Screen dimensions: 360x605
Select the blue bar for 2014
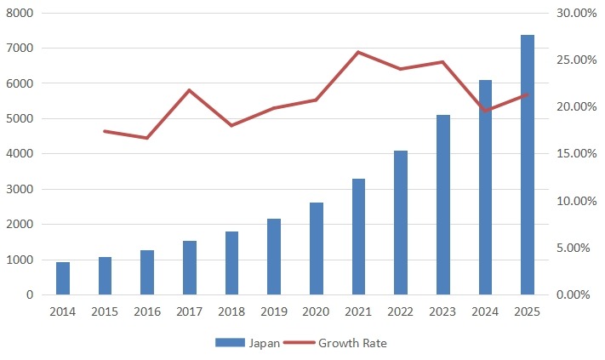(x=63, y=278)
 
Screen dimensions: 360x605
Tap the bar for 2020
(x=316, y=249)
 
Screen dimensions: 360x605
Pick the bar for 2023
(x=442, y=204)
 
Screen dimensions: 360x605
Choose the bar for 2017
(x=189, y=267)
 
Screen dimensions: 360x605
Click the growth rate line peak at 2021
(x=358, y=52)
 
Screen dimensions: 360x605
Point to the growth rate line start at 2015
(x=105, y=131)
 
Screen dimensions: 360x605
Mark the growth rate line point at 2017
(x=189, y=90)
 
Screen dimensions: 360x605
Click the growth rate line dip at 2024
(x=485, y=111)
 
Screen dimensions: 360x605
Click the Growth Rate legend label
(x=352, y=343)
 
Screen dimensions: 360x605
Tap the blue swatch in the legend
(x=230, y=343)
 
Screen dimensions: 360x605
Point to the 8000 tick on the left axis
(x=20, y=14)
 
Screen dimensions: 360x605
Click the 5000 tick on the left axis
(x=20, y=119)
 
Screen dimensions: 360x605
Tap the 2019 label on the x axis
(x=273, y=312)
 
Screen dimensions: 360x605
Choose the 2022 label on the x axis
(x=400, y=312)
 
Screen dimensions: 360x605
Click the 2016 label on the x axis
(x=147, y=312)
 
